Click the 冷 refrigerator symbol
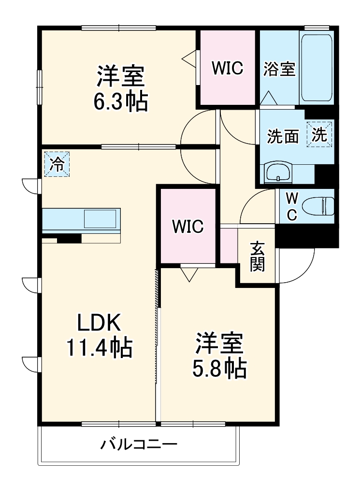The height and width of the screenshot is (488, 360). coord(57,164)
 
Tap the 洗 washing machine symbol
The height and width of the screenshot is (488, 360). coord(319,134)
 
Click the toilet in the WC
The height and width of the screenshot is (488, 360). coord(318,206)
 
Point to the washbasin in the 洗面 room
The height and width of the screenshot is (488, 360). coord(278,173)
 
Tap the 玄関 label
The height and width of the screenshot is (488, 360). coord(258,257)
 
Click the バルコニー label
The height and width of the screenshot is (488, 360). coord(139,445)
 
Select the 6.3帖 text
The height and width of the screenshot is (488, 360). coord(121,101)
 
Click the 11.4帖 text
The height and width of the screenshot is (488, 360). coord(100,347)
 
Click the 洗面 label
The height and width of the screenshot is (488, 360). coord(283,136)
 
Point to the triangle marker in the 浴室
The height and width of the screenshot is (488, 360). coord(269,98)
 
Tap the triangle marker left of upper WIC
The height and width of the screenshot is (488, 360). coord(189,58)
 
